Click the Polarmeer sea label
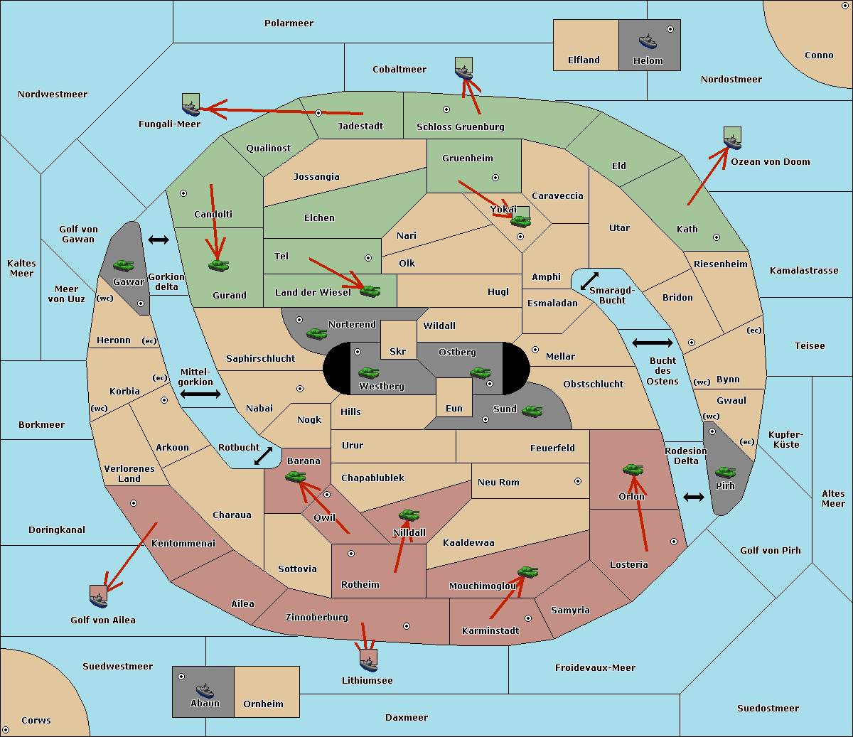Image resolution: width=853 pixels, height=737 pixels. (x=289, y=23)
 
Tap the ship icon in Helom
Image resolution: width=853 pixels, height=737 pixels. (x=647, y=41)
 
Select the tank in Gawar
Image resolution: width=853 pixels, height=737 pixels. (x=123, y=266)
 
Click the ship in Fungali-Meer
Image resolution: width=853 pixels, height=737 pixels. (x=191, y=107)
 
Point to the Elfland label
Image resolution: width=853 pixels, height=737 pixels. (x=584, y=60)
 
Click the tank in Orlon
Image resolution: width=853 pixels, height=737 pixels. (x=632, y=470)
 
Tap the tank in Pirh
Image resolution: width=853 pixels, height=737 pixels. (x=725, y=472)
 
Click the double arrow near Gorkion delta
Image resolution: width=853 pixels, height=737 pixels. (x=158, y=240)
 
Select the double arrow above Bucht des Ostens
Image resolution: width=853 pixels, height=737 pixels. (x=652, y=343)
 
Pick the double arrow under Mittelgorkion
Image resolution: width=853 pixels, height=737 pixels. (x=200, y=394)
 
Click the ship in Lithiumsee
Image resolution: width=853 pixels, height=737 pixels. (x=368, y=662)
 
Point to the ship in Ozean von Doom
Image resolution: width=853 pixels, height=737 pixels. (x=732, y=139)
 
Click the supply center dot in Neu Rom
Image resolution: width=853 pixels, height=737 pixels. (x=578, y=481)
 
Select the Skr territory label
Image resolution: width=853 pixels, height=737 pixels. (x=398, y=352)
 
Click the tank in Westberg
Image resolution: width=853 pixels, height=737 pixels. (x=368, y=372)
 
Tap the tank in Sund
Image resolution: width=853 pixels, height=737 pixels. (x=532, y=411)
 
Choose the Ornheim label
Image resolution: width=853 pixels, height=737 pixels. (x=263, y=704)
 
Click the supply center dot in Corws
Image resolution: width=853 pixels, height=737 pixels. (x=6, y=730)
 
